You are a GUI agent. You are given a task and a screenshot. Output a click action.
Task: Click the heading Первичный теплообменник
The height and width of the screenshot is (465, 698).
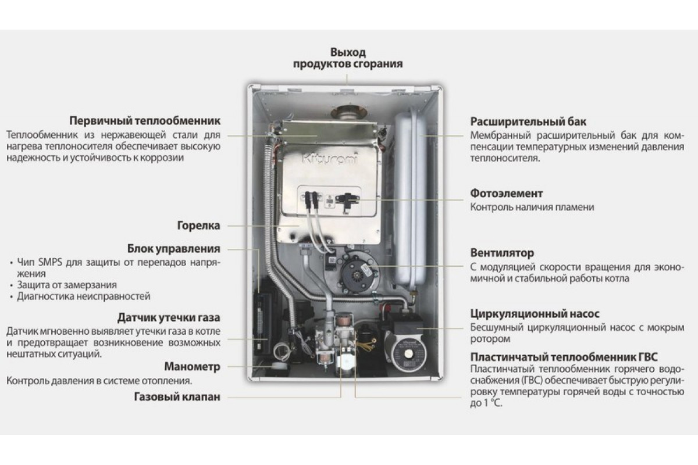[145, 121]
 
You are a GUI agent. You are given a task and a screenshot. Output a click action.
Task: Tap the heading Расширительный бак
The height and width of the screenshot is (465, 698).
[528, 121]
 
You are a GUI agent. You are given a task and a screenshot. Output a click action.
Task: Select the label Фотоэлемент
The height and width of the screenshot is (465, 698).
[507, 194]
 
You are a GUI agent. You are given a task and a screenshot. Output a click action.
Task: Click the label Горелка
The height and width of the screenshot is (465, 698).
[198, 226]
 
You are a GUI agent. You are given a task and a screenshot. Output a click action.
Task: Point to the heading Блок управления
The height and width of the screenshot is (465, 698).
[173, 249]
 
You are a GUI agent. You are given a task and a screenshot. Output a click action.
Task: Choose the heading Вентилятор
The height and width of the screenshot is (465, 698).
[502, 253]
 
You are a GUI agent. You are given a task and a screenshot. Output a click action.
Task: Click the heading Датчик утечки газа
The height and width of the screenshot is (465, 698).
[169, 318]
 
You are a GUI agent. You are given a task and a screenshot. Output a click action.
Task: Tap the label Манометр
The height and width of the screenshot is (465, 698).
[193, 367]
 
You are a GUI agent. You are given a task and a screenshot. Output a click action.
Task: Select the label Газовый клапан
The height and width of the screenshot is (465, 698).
[177, 397]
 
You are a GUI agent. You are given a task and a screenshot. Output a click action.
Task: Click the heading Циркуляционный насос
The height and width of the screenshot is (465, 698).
[535, 314]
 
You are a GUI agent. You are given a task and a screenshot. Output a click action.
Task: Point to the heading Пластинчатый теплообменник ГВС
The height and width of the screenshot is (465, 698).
[564, 357]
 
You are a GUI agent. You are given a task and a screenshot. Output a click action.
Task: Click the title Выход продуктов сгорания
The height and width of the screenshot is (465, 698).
[348, 58]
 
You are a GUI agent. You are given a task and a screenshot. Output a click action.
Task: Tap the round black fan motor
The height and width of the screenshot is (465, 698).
[358, 273]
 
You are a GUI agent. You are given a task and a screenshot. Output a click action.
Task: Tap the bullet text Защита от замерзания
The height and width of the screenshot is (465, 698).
[67, 285]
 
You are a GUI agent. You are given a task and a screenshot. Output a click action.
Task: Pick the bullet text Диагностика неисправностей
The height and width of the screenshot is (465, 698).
[84, 296]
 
